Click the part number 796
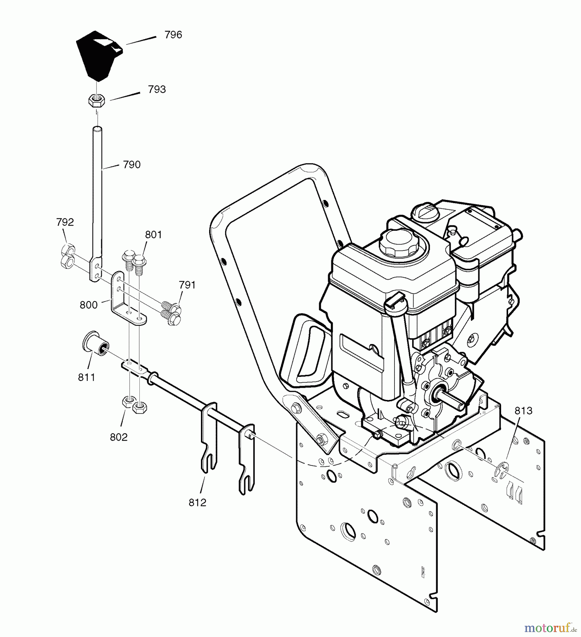pos(173,35)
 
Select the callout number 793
pos(157,90)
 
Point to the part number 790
pos(132,164)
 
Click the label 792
pos(65,222)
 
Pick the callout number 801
pos(153,235)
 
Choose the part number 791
pos(187,285)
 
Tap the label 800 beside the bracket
pos(88,305)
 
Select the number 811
pos(87,378)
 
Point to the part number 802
pos(119,437)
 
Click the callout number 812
pos(197,503)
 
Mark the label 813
pos(523,411)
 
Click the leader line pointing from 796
pos(141,40)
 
